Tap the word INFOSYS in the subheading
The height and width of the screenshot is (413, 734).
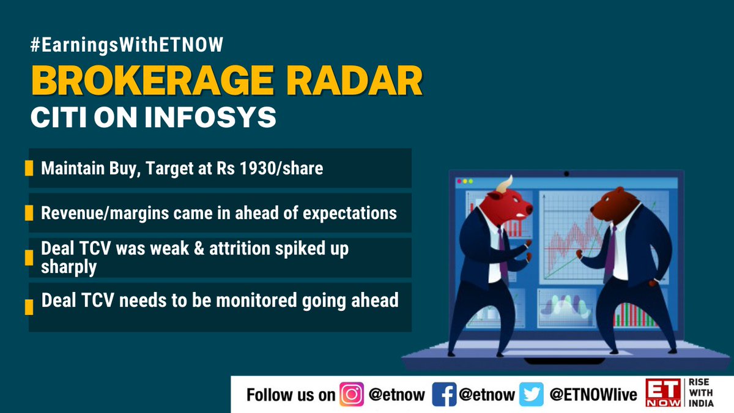tap(212, 117)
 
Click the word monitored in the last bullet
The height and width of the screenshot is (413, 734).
tap(245, 300)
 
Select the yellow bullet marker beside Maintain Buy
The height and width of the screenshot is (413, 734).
tap(29, 168)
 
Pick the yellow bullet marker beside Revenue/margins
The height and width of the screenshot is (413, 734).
tap(29, 213)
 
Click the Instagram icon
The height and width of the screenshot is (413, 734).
tap(352, 395)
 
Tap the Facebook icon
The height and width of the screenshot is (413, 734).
tap(443, 395)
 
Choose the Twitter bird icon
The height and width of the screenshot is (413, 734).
tap(531, 395)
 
